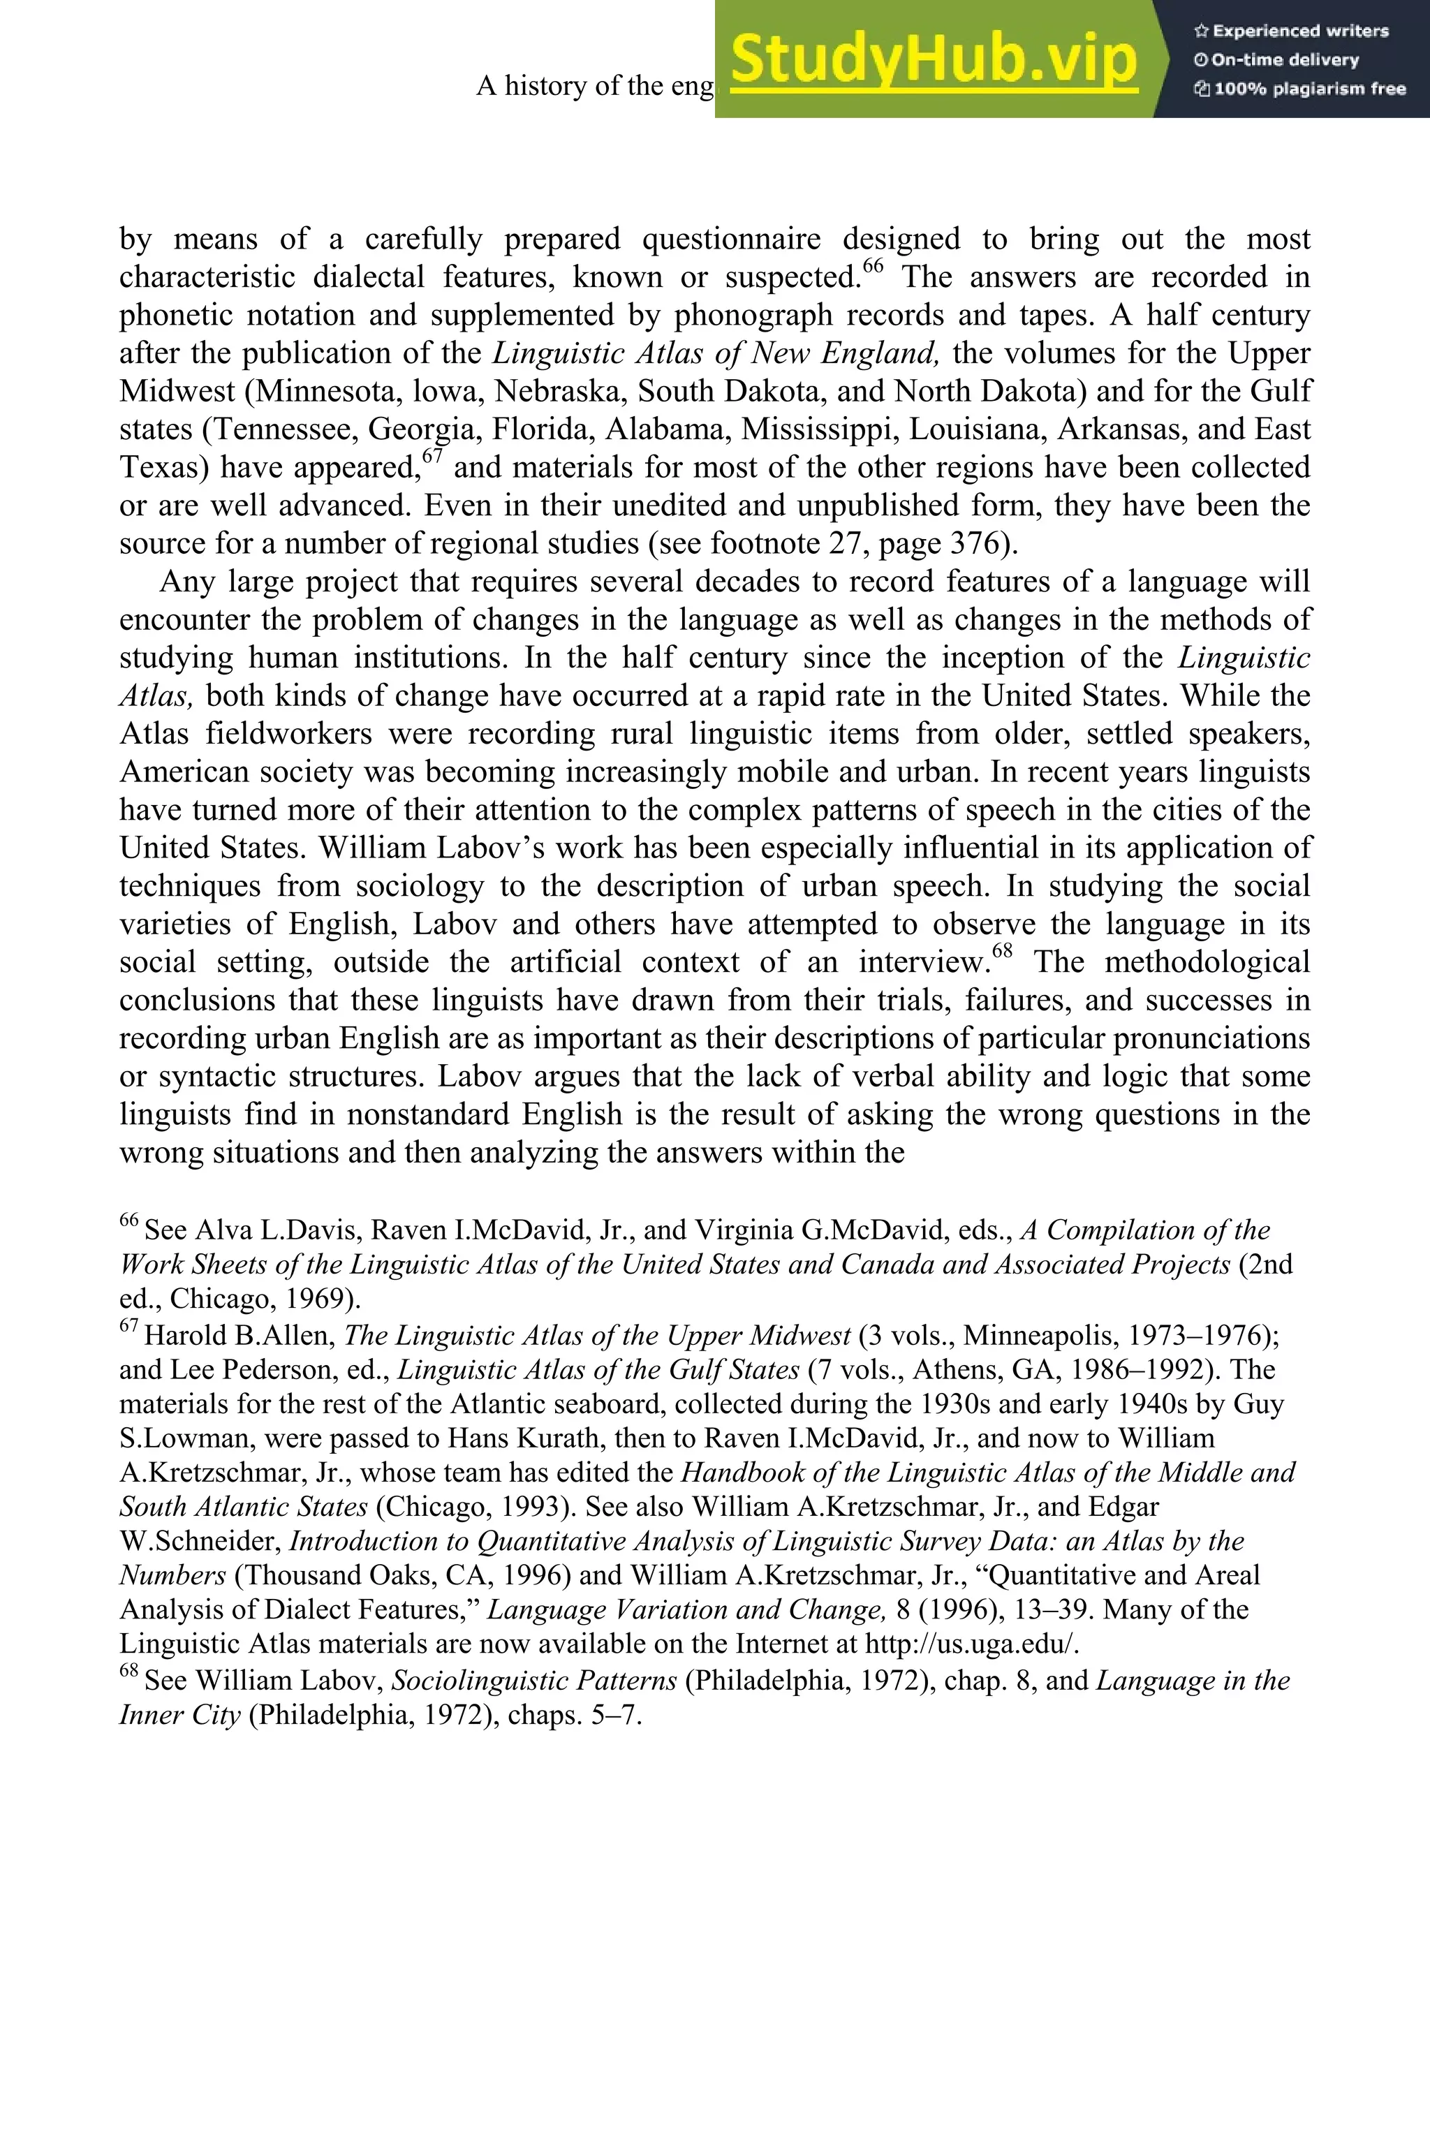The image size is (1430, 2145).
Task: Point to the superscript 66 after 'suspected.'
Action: tap(873, 266)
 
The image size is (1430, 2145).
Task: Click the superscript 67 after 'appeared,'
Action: tap(432, 456)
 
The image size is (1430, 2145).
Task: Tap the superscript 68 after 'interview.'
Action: tap(1002, 951)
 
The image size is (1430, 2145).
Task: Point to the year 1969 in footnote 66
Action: tap(325, 1299)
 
